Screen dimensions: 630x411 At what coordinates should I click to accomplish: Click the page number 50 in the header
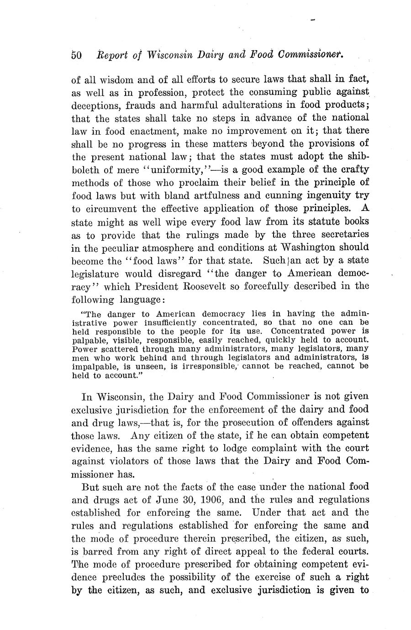pyautogui.click(x=76, y=55)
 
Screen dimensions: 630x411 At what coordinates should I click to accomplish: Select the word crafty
pyautogui.click(x=353, y=169)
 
